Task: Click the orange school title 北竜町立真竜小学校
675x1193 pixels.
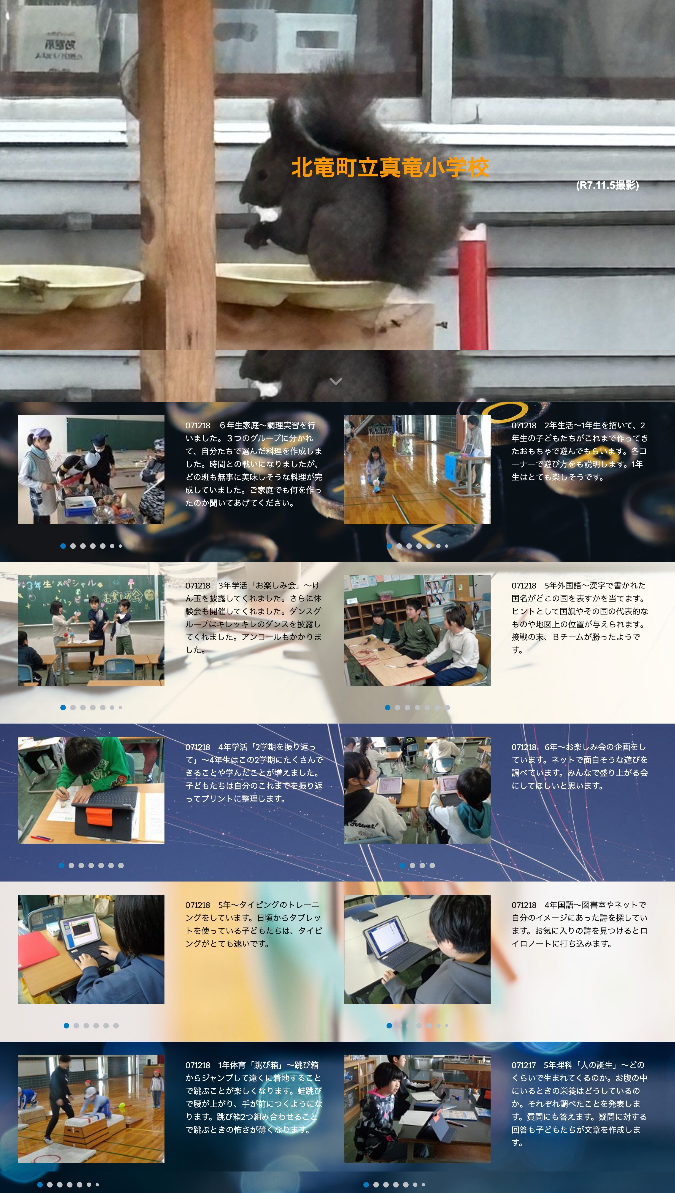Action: (x=390, y=167)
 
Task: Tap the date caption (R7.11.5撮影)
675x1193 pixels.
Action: (x=607, y=185)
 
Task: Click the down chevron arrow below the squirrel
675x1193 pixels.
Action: (x=336, y=381)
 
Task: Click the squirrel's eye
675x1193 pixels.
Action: (x=262, y=175)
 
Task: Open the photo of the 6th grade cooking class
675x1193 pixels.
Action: (x=91, y=469)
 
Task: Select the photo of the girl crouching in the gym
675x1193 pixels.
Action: (x=417, y=469)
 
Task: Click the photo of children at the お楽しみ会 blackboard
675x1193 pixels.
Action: (x=91, y=630)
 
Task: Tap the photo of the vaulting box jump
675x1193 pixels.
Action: (x=91, y=1109)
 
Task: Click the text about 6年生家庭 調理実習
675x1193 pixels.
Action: (x=253, y=464)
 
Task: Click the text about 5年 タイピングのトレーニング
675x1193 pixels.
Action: (x=253, y=924)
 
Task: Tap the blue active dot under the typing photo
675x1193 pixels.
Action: (x=66, y=1026)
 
